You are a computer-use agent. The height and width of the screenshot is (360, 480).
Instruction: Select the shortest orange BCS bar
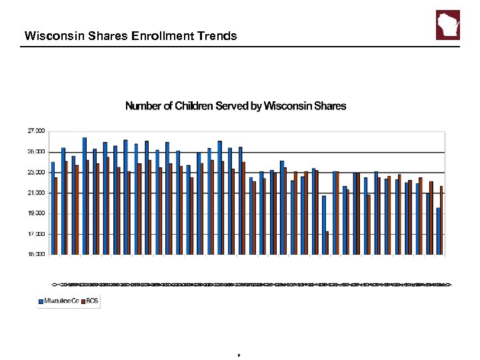[x=327, y=243]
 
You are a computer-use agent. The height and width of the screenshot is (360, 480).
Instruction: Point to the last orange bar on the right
[x=441, y=220]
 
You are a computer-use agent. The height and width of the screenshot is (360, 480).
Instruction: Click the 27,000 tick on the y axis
[x=35, y=131]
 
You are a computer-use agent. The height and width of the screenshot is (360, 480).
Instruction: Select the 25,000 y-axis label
[x=35, y=152]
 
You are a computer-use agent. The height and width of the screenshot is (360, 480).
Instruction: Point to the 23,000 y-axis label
[x=35, y=173]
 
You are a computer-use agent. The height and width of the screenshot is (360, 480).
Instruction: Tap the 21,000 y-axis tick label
[x=35, y=193]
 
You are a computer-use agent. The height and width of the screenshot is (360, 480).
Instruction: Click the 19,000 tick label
[x=35, y=214]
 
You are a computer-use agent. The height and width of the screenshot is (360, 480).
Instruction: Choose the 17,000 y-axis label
[x=35, y=235]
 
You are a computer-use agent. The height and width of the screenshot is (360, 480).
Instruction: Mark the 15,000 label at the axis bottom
[x=35, y=255]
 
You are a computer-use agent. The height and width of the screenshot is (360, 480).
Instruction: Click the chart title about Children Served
[x=236, y=106]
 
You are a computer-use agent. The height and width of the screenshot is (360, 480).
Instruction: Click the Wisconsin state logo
[x=447, y=25]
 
